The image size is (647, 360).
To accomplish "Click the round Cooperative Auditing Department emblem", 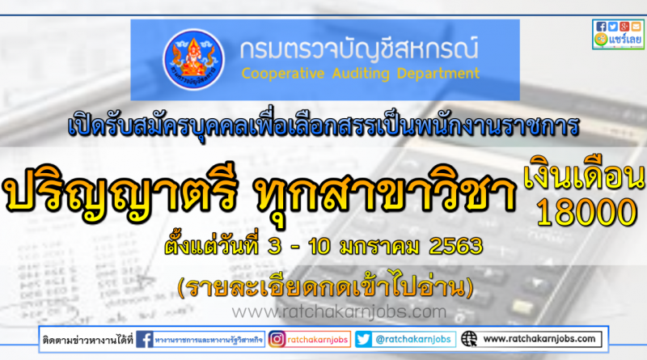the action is click(x=193, y=59).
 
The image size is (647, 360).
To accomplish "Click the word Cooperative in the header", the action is click(x=282, y=74).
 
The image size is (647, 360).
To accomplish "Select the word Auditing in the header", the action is click(x=361, y=74).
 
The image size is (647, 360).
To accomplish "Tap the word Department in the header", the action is click(x=438, y=74).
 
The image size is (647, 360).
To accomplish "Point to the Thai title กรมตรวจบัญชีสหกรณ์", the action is click(x=359, y=48).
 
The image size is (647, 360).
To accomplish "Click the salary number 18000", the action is click(x=586, y=212).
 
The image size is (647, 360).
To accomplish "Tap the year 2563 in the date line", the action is click(x=455, y=246).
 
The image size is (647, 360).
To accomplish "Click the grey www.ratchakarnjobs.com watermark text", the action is click(x=339, y=311).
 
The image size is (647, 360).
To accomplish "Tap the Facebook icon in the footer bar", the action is click(x=145, y=339).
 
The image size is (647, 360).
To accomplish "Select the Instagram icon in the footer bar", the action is click(x=277, y=339).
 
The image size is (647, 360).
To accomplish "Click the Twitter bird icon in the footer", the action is click(x=363, y=339).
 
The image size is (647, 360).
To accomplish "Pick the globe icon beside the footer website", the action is click(x=469, y=339).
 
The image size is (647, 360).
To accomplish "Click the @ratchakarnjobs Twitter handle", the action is click(x=413, y=339).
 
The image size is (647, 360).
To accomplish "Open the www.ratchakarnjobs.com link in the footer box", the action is click(x=539, y=339).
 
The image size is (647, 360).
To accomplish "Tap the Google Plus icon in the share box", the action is click(x=624, y=27).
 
